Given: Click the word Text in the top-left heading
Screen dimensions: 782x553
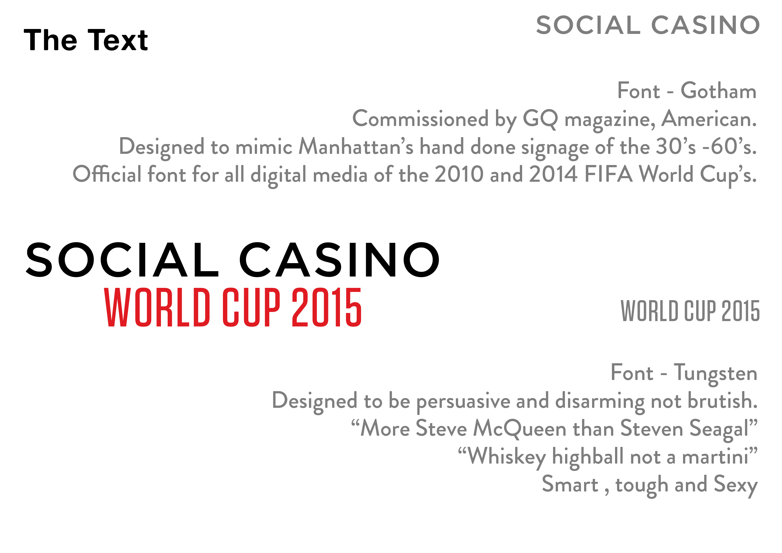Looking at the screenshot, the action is tap(118, 40).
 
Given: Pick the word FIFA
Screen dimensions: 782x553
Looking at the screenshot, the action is tap(608, 174).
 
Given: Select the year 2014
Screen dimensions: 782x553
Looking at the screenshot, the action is tap(554, 174).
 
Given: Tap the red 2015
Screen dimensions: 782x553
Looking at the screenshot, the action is tap(327, 307).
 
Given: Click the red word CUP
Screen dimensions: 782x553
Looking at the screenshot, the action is tap(251, 307).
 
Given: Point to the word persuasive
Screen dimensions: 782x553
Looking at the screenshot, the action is tap(463, 401).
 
